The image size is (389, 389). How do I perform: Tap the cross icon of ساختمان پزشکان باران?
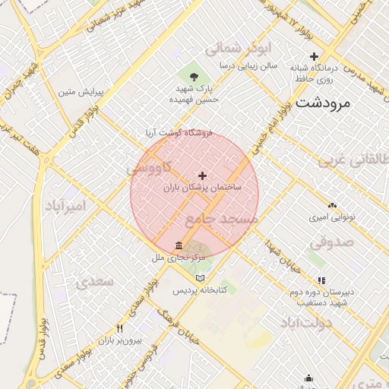pos(202,176)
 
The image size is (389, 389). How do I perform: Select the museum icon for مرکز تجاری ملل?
pos(179,245)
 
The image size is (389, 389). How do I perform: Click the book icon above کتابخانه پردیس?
pos(201,278)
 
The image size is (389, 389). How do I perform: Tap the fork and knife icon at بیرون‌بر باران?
pos(120,328)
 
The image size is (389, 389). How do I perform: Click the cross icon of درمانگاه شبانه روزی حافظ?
pos(315,57)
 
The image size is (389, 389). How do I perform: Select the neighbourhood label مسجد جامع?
pos(221,219)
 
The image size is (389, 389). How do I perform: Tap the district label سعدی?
pos(93,281)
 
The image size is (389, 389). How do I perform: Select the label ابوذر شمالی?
pos(238,48)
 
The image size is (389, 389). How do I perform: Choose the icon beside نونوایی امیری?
pos(331,205)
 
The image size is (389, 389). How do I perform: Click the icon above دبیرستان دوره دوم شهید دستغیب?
pos(321,280)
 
